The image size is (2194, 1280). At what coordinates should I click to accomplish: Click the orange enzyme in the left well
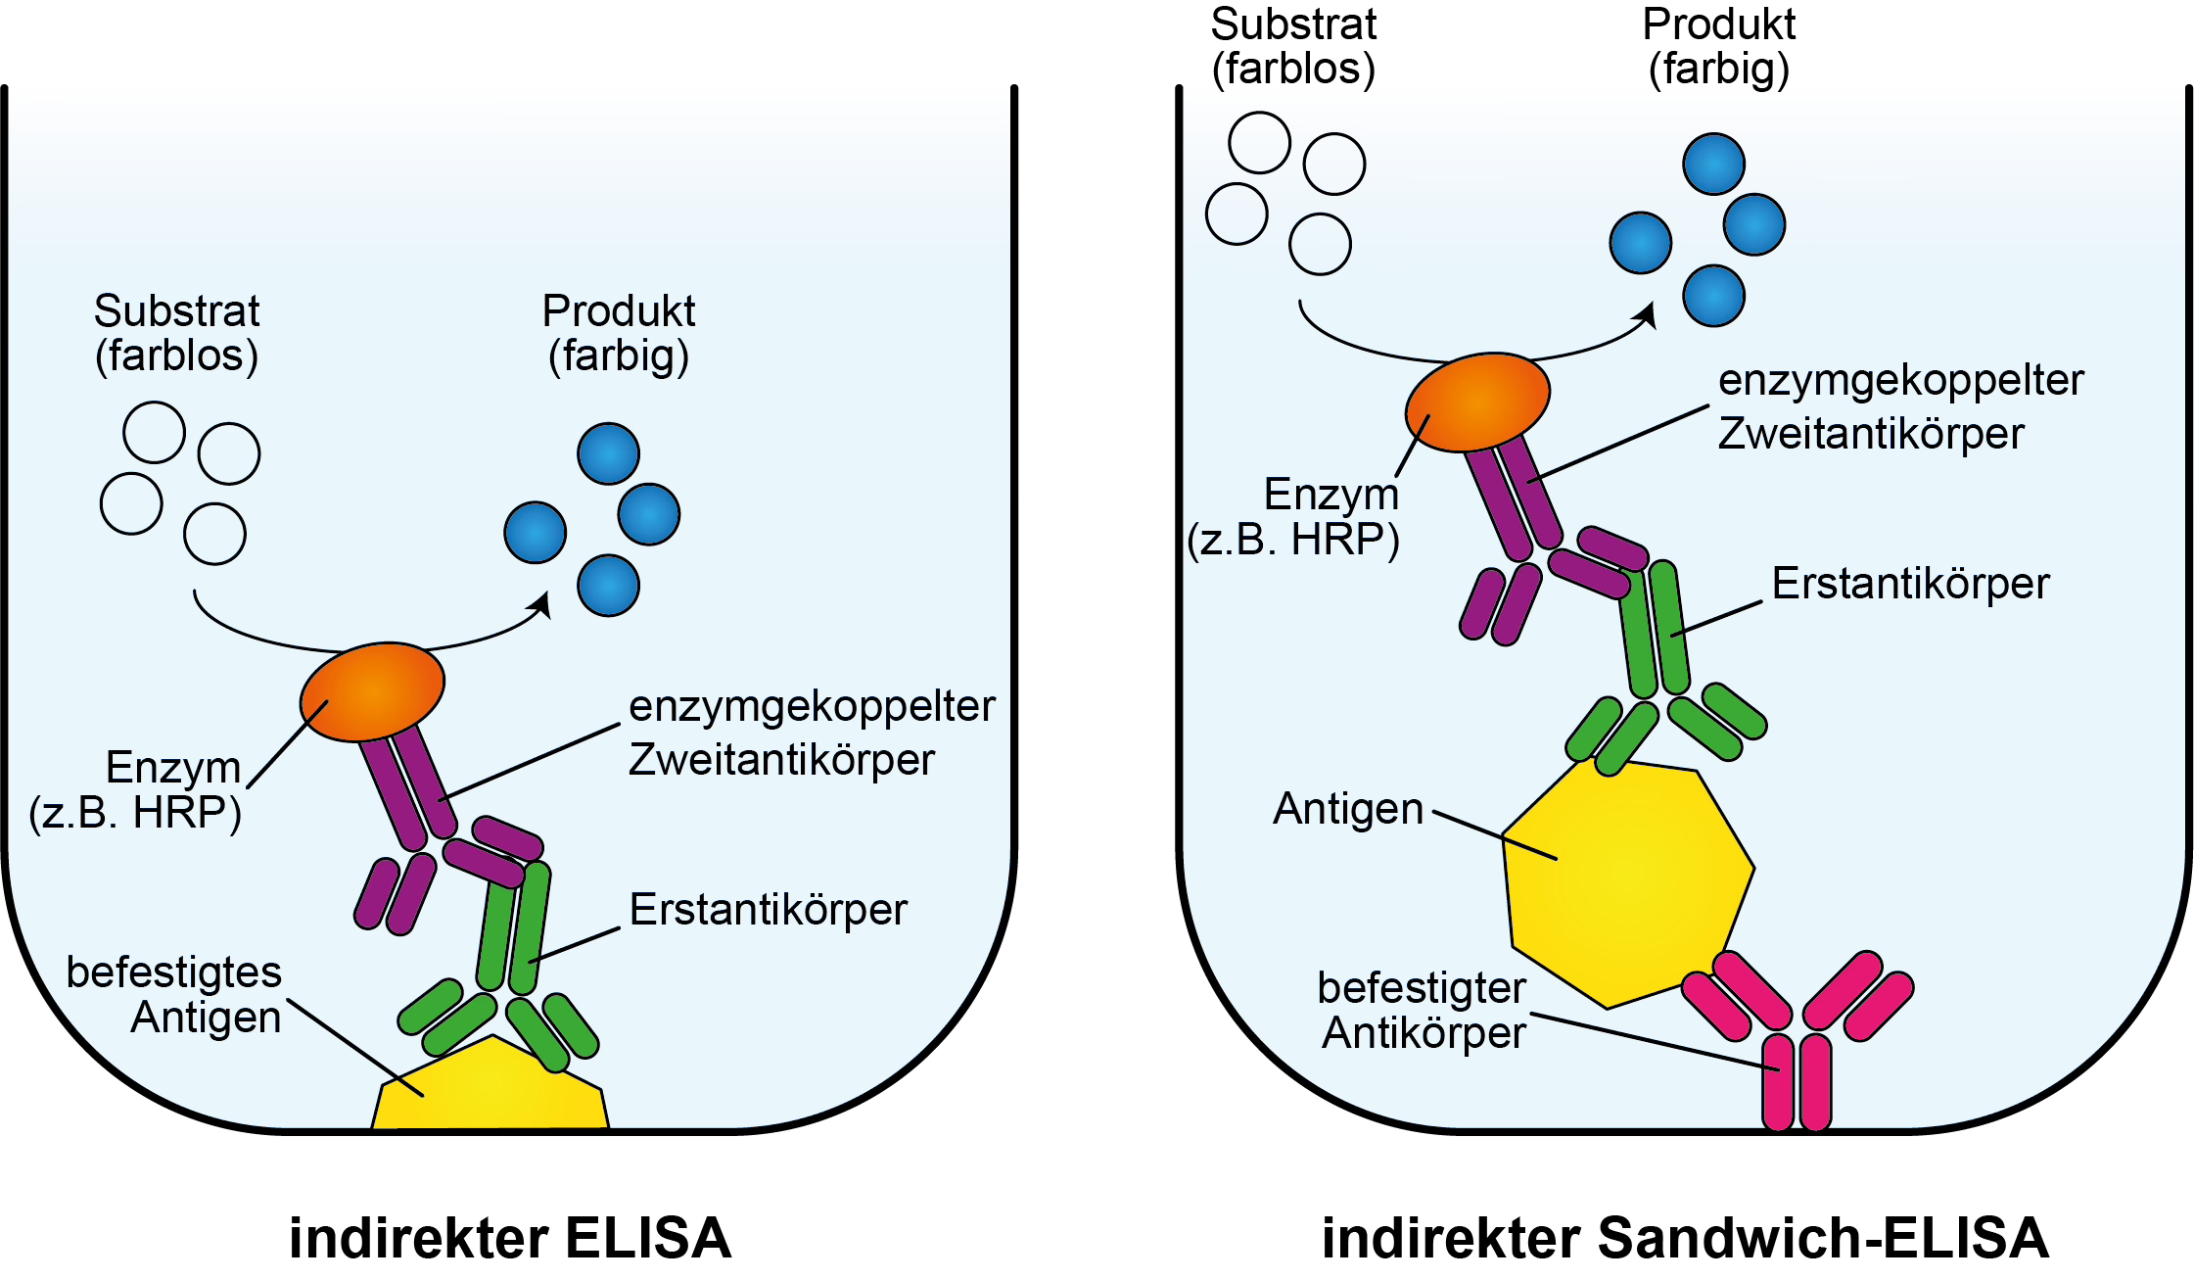coord(372,690)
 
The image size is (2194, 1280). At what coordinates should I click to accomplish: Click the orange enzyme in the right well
coord(1477,402)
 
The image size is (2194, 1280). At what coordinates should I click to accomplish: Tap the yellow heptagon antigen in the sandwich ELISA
coord(1625,881)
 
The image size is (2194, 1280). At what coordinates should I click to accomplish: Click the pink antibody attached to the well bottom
coord(1797,1067)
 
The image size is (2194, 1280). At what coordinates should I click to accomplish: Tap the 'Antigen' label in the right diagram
coord(1348,809)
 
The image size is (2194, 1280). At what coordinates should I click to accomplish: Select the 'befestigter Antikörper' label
coord(1423,1010)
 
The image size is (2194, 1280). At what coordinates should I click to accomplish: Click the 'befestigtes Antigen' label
coord(174,994)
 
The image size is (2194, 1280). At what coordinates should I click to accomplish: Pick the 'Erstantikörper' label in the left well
coord(768,909)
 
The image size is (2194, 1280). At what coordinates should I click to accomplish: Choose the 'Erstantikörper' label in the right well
coord(1910,583)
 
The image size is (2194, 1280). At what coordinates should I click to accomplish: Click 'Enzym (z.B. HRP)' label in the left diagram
coord(137,789)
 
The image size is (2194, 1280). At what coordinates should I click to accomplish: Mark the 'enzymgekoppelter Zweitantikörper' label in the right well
coord(1899,406)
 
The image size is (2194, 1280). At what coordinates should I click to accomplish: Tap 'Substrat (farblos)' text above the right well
coord(1293,46)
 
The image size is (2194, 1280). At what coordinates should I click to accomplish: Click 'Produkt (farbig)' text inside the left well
coord(619,333)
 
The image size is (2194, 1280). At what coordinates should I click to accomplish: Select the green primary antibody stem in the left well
coord(513,925)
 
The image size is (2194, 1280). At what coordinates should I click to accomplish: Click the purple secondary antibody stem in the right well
coord(1513,495)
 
